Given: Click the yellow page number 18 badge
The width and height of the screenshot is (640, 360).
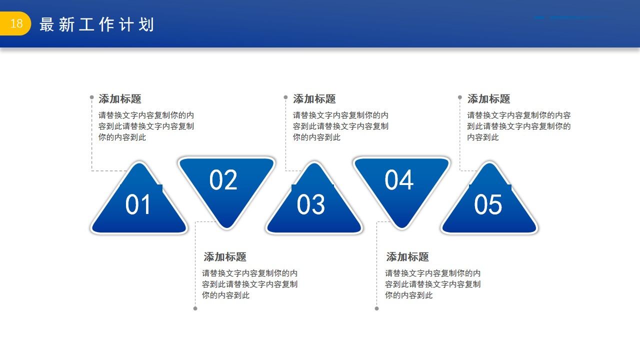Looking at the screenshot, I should (x=16, y=23).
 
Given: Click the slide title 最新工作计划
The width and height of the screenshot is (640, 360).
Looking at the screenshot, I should (x=96, y=24).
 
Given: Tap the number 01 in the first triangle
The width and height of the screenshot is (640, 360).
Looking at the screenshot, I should (x=138, y=205).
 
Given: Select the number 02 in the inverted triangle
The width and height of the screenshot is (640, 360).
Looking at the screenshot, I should (x=223, y=180).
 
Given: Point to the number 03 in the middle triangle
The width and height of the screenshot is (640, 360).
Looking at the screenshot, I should (x=311, y=205).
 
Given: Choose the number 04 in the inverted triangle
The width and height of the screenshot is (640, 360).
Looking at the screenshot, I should (x=399, y=180).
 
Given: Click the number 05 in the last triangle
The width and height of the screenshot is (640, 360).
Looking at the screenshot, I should (x=487, y=205).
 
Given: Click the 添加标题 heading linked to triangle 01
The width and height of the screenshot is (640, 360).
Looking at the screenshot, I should (x=120, y=99).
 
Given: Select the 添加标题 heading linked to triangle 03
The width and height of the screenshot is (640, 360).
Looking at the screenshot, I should (x=314, y=99).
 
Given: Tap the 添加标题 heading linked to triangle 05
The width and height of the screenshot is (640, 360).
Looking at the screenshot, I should (x=488, y=99).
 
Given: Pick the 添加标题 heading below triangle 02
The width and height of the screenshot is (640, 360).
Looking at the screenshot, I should (x=225, y=257).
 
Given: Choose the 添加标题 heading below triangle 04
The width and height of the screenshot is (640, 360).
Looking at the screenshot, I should (x=407, y=257).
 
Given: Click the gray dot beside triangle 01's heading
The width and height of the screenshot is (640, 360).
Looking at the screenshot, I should (x=91, y=97).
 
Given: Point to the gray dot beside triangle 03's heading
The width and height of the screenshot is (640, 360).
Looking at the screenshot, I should (x=285, y=97).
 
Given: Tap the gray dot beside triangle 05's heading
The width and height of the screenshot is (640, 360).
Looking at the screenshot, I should (x=460, y=97).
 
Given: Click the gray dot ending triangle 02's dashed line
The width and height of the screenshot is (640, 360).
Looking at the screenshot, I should (x=195, y=308).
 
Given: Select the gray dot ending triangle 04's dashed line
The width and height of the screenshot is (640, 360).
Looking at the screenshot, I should (x=376, y=308).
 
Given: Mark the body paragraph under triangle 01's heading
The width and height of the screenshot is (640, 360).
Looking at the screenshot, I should (x=146, y=126).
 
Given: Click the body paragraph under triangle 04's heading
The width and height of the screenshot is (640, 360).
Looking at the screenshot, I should (x=432, y=284).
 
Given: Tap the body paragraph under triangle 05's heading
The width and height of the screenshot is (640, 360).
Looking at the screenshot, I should (x=518, y=126).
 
